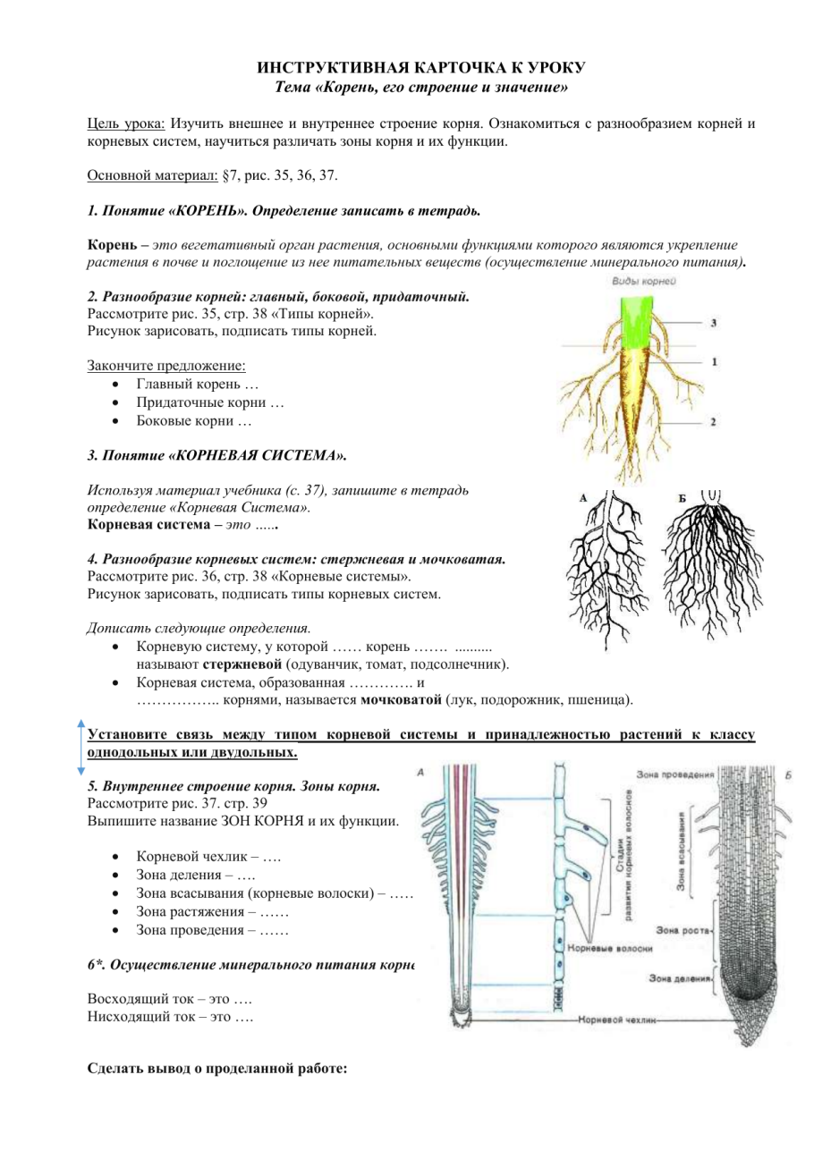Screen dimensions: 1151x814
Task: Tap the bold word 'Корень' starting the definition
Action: [x=109, y=244]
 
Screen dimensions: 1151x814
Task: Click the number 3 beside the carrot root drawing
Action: [x=712, y=321]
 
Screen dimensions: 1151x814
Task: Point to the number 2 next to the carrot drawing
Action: [x=712, y=420]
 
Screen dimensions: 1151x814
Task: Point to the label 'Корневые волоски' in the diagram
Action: [x=610, y=947]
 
